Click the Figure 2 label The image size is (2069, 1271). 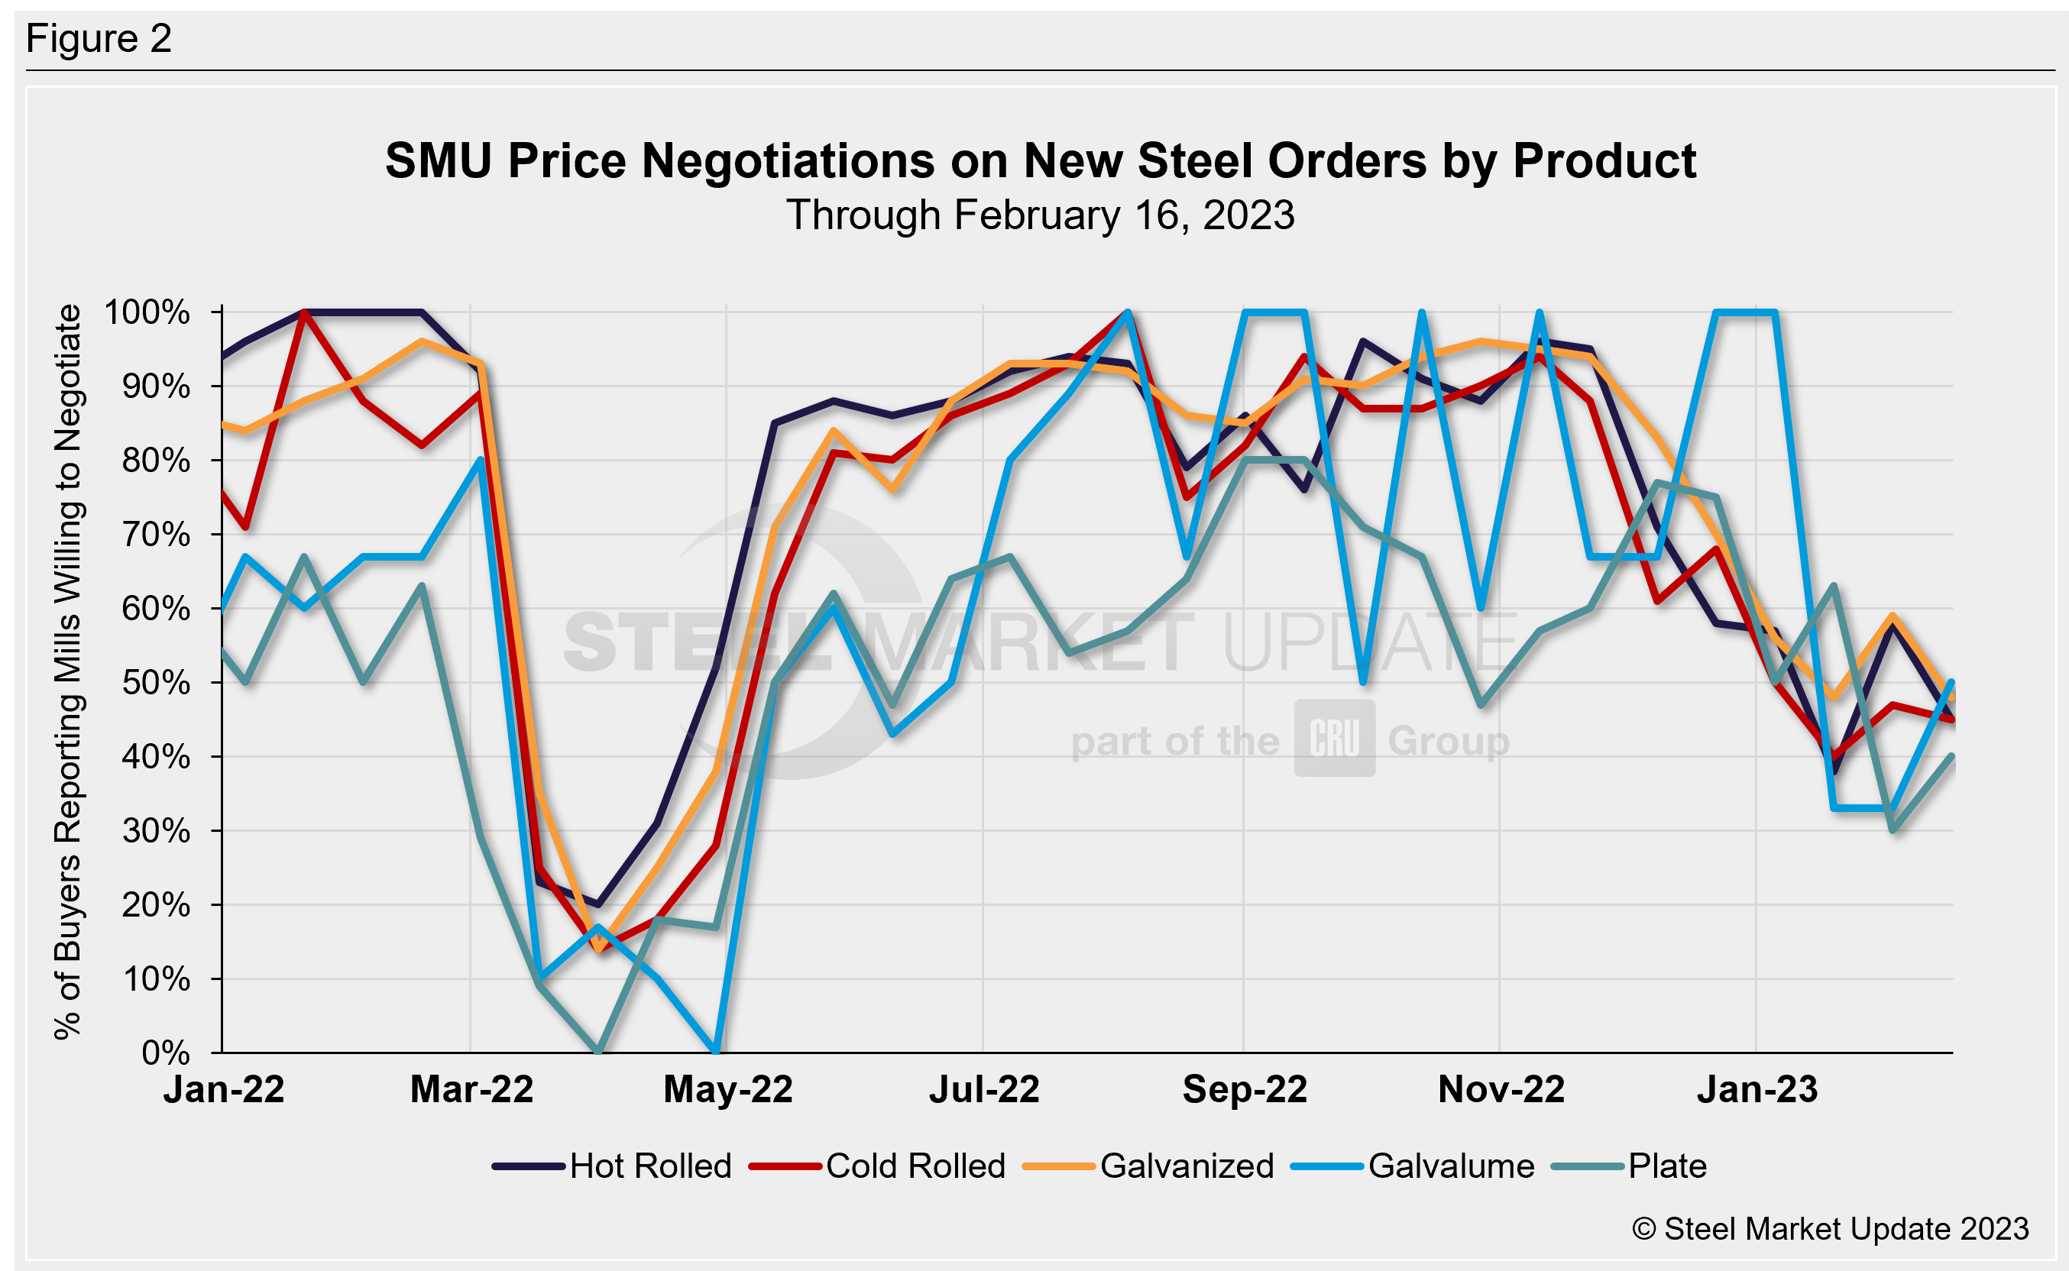pyautogui.click(x=99, y=39)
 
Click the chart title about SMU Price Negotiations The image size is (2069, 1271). pyautogui.click(x=1040, y=160)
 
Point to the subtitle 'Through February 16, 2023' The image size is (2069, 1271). pyautogui.click(x=1040, y=215)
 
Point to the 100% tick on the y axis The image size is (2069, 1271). pyautogui.click(x=147, y=312)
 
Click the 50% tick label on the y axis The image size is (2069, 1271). pyautogui.click(x=156, y=683)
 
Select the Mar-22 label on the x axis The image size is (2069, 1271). pyautogui.click(x=471, y=1090)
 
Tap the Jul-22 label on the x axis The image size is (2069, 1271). pyautogui.click(x=983, y=1090)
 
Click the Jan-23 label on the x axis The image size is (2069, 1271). pyautogui.click(x=1757, y=1090)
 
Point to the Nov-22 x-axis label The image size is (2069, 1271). pyautogui.click(x=1501, y=1090)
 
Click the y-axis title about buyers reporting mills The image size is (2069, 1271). pyautogui.click(x=67, y=672)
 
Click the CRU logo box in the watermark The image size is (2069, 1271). pyautogui.click(x=1334, y=738)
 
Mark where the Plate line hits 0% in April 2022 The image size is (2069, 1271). pyautogui.click(x=597, y=1051)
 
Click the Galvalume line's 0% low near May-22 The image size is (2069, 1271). pyautogui.click(x=715, y=1051)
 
